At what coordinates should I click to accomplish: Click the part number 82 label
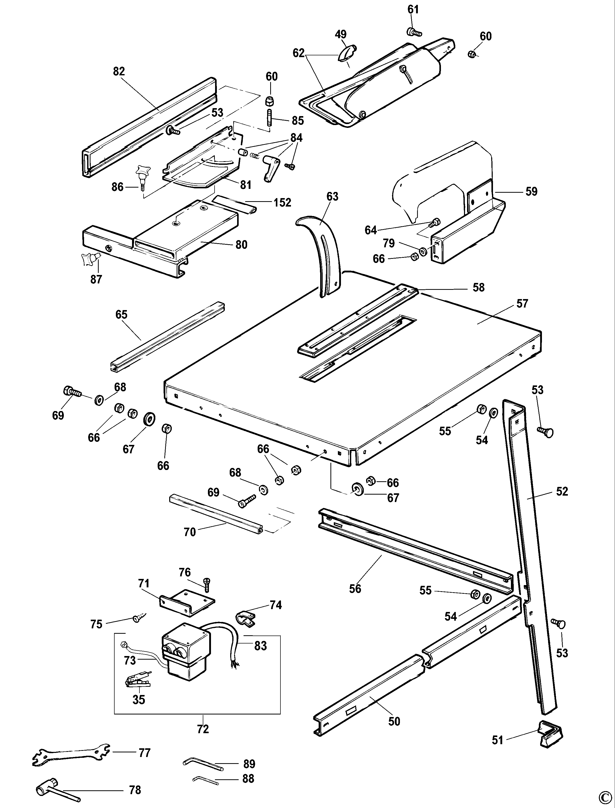[119, 71]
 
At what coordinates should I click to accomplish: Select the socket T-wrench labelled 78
[55, 786]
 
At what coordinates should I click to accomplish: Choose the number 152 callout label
[282, 202]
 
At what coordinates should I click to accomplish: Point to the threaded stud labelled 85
[269, 121]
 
